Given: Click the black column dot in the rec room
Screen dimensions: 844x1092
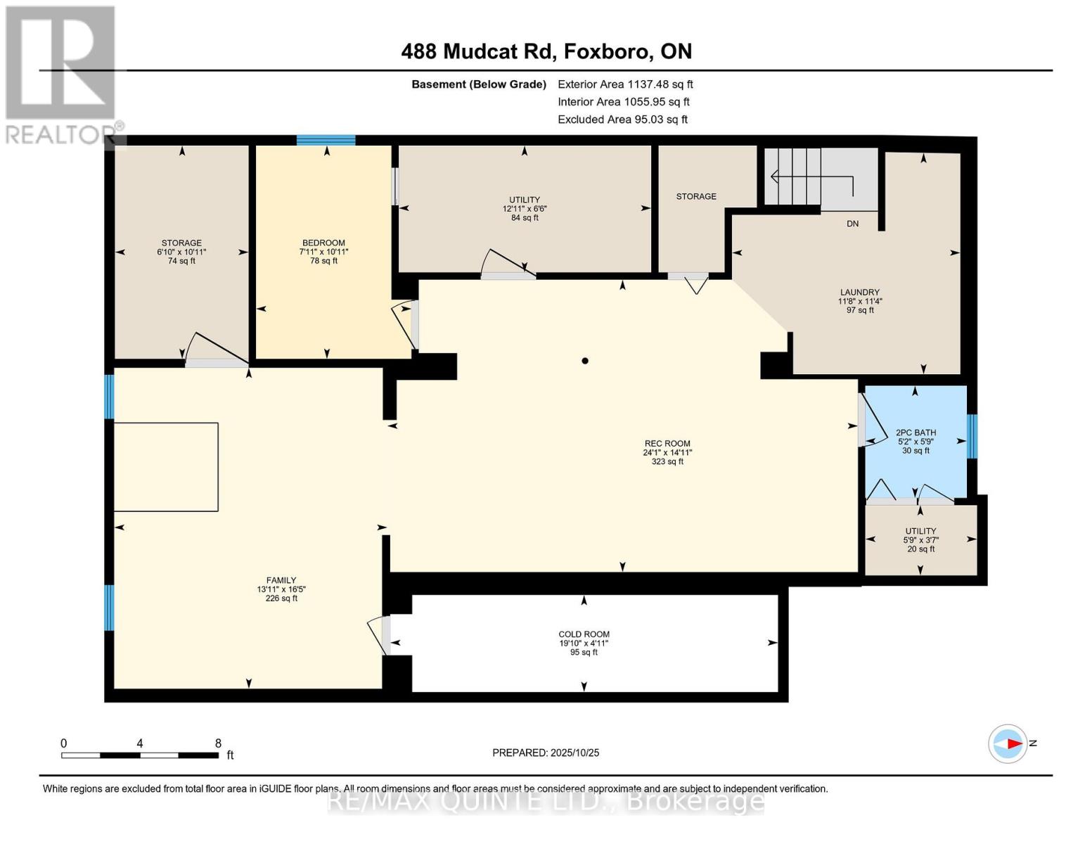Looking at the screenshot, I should pyautogui.click(x=584, y=361).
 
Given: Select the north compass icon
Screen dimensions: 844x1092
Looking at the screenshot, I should pyautogui.click(x=1008, y=743).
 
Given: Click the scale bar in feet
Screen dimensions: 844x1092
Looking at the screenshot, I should pyautogui.click(x=139, y=755).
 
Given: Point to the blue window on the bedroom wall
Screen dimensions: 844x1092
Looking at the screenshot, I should pyautogui.click(x=326, y=140).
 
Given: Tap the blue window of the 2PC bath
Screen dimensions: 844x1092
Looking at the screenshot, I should pyautogui.click(x=972, y=436).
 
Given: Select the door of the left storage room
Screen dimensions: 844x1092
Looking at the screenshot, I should pyautogui.click(x=214, y=350).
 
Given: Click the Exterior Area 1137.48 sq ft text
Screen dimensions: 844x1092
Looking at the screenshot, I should pyautogui.click(x=625, y=84).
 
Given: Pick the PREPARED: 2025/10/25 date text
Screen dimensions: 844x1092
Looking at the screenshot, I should pyautogui.click(x=546, y=753).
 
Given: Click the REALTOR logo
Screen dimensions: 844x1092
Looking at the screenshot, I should pyautogui.click(x=62, y=74).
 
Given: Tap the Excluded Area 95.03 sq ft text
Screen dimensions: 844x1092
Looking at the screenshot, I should pyautogui.click(x=622, y=120).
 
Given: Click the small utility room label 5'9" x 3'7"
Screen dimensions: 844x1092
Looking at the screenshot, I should pyautogui.click(x=920, y=539).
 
